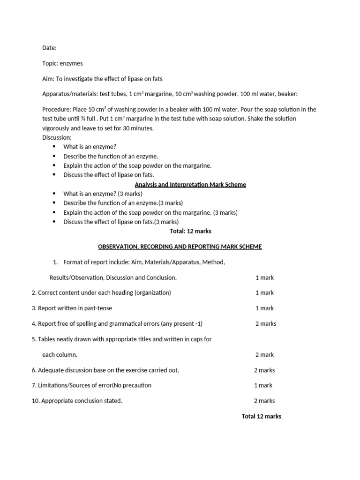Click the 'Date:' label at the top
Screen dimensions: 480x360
(49, 48)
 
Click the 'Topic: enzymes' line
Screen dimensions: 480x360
(62, 63)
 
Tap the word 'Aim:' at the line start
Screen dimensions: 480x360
(48, 79)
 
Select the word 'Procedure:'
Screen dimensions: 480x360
(57, 109)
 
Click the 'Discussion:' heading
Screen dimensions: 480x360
(57, 137)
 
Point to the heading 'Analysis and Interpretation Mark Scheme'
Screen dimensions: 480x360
(190, 185)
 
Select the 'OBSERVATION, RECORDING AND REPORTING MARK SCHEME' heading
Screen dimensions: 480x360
(180, 247)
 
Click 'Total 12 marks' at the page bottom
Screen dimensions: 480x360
(261, 416)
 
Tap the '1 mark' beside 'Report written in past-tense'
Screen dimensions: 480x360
(264, 308)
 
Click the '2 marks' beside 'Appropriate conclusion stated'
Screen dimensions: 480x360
(264, 401)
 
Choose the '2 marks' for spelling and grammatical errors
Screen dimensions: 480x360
(266, 323)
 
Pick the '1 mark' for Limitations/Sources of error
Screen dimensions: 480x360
(263, 385)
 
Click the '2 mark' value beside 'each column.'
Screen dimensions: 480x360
(264, 355)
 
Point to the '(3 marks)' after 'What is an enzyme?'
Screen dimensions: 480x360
(130, 194)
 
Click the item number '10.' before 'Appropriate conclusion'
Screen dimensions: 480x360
(36, 401)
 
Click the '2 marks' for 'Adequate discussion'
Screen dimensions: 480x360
(264, 370)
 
